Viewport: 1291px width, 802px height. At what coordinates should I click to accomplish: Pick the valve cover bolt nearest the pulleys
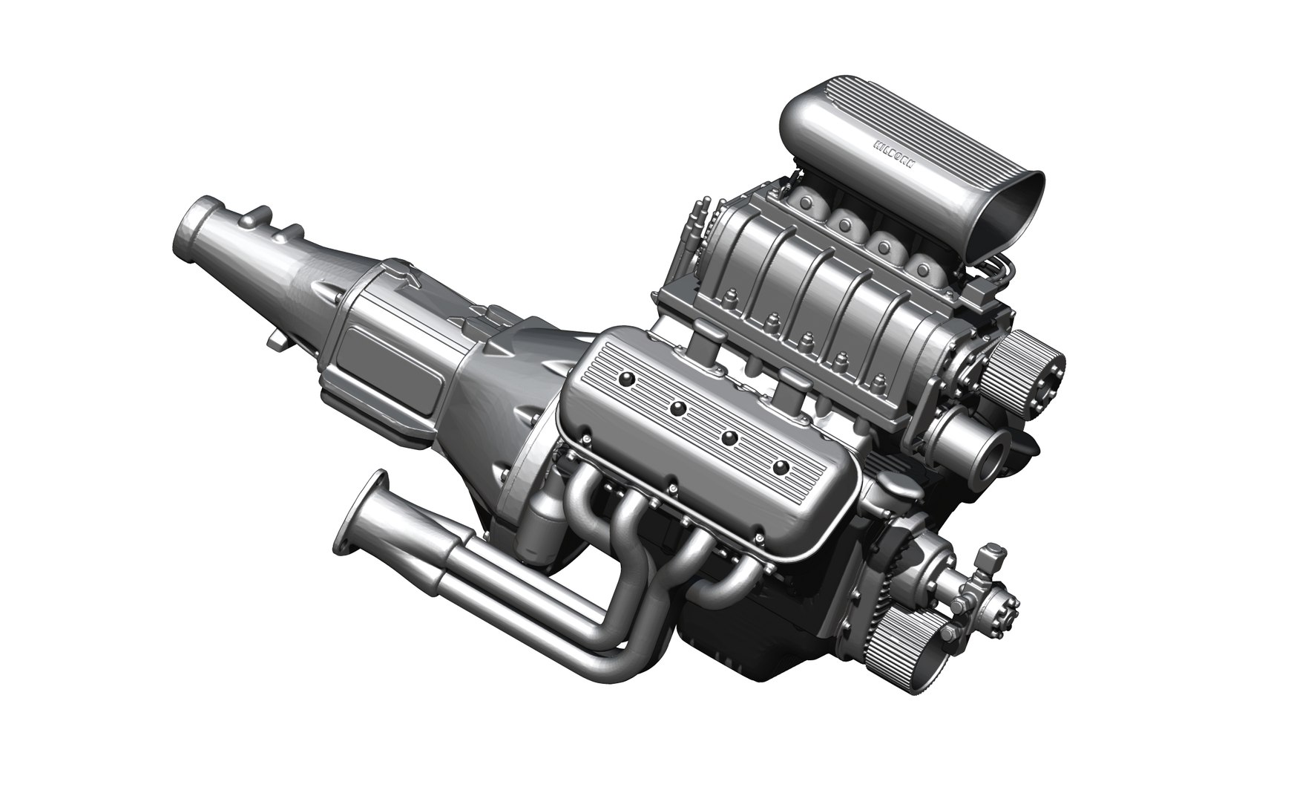[x=781, y=468]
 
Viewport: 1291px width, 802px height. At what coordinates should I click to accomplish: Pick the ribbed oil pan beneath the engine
[x=749, y=653]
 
